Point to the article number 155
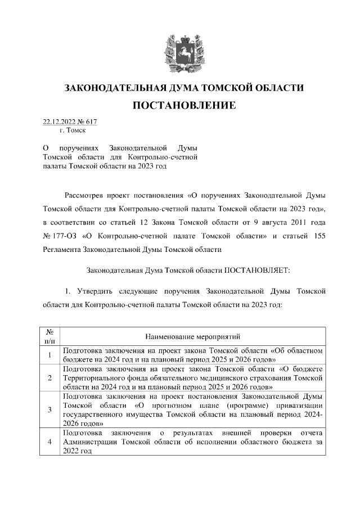point(316,236)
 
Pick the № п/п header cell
point(49,336)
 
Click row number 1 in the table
point(49,354)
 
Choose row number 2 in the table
point(49,377)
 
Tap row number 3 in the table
point(49,409)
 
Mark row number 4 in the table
point(49,442)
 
